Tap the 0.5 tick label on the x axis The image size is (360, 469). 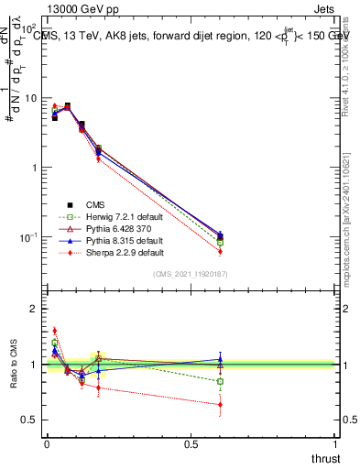[x=191, y=444]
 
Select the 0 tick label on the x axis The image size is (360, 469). [x=47, y=444]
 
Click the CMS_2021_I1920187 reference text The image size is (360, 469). [x=191, y=274]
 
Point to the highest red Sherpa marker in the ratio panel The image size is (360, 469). [x=54, y=331]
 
